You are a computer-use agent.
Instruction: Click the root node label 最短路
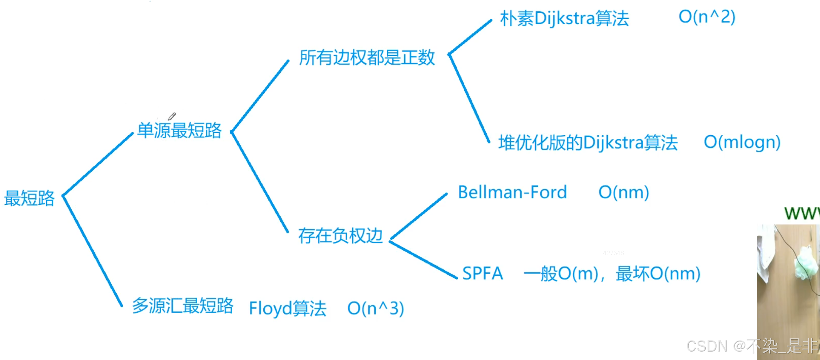(x=29, y=198)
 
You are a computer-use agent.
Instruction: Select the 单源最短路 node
(x=179, y=131)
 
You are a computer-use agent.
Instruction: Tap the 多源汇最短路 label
(x=182, y=306)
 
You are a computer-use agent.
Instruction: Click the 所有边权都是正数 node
(x=367, y=58)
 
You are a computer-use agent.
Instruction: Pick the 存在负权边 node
(x=340, y=236)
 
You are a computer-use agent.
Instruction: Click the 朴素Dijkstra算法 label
(x=564, y=18)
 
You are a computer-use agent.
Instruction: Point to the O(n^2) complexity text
(x=707, y=17)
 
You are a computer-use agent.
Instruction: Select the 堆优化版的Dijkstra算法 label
(x=588, y=142)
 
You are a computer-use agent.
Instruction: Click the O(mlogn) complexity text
(x=742, y=142)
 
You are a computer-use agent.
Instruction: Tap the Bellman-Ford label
(x=512, y=192)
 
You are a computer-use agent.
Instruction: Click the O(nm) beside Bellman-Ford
(x=624, y=192)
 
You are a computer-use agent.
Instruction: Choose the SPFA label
(x=482, y=273)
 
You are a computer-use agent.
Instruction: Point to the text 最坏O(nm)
(x=658, y=274)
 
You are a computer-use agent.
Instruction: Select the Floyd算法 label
(x=288, y=308)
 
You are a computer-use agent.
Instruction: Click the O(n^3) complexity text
(x=375, y=308)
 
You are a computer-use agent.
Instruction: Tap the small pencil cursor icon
(x=172, y=116)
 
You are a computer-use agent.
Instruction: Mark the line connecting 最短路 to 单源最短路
(x=98, y=164)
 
